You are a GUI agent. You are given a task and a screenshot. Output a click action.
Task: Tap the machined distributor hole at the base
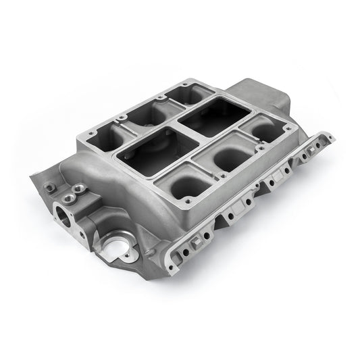coord(112,246)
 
